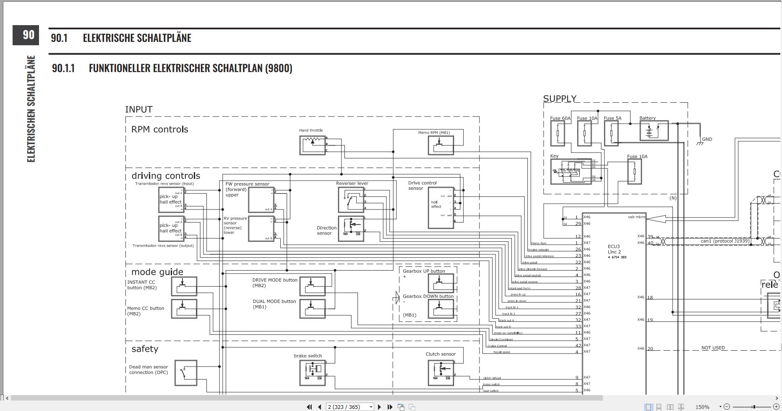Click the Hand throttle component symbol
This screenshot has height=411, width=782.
(x=313, y=145)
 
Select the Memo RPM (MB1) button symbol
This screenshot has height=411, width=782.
(x=441, y=145)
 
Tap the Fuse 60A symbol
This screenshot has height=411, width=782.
(x=558, y=133)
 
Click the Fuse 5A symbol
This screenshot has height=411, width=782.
(x=611, y=133)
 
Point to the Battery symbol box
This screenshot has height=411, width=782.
(x=654, y=131)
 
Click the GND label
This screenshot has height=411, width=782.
(x=707, y=140)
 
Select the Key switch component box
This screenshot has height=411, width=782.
(x=571, y=171)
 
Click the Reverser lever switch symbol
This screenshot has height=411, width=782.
(x=351, y=199)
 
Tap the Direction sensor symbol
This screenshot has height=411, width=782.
(x=351, y=229)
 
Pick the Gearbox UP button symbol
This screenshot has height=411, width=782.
(x=441, y=283)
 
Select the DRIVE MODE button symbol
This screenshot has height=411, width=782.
(x=313, y=286)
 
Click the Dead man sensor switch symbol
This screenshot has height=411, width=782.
(x=185, y=372)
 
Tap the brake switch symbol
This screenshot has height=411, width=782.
(x=313, y=372)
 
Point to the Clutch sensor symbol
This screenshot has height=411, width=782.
(x=441, y=372)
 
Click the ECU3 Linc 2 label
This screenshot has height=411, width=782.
(x=614, y=249)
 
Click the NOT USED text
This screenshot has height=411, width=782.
(x=713, y=348)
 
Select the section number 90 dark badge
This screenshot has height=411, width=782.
(x=26, y=35)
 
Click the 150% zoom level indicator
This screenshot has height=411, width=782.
(x=702, y=407)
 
